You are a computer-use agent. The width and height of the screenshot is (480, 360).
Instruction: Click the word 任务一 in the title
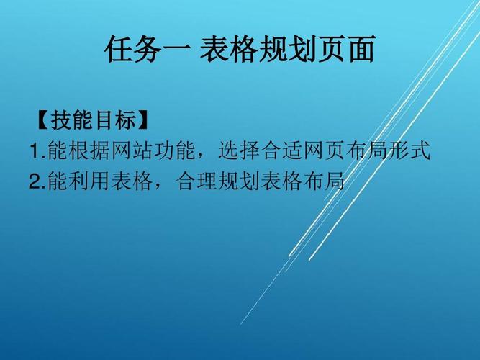(148, 50)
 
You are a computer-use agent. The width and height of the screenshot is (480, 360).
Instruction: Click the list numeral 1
(35, 152)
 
